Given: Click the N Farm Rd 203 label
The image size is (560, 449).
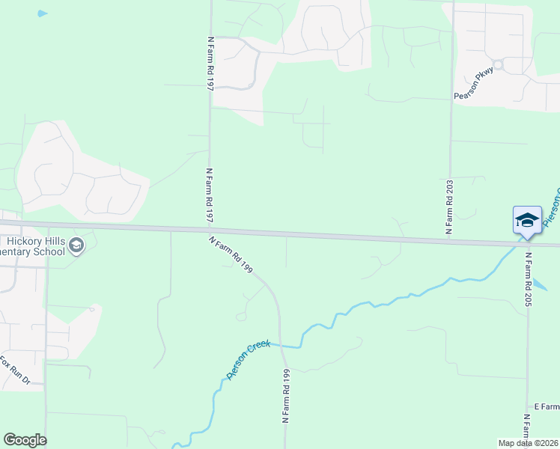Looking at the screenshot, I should [450, 207].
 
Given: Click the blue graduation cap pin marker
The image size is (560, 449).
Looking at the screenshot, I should [527, 220].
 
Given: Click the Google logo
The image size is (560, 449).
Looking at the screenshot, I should [25, 440].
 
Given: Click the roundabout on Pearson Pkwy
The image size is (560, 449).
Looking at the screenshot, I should [498, 65].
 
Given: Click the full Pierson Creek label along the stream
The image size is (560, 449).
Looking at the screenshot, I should [248, 360].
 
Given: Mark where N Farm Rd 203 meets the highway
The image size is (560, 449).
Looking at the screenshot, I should [450, 241].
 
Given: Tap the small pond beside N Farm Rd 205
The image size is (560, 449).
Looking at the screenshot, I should [544, 284].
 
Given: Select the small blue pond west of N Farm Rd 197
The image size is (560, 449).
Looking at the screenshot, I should [42, 13].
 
